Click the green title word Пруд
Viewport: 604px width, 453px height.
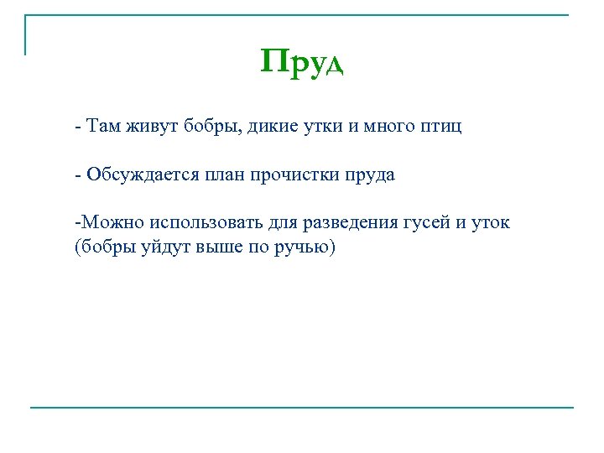tap(302, 63)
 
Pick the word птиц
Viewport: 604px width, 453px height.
tap(442, 128)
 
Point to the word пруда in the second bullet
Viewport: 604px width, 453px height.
tap(370, 175)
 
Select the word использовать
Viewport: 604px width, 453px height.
tap(208, 223)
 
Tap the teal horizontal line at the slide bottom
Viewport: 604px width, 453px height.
tap(302, 408)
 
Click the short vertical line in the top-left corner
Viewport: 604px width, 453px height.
tap(26, 35)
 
